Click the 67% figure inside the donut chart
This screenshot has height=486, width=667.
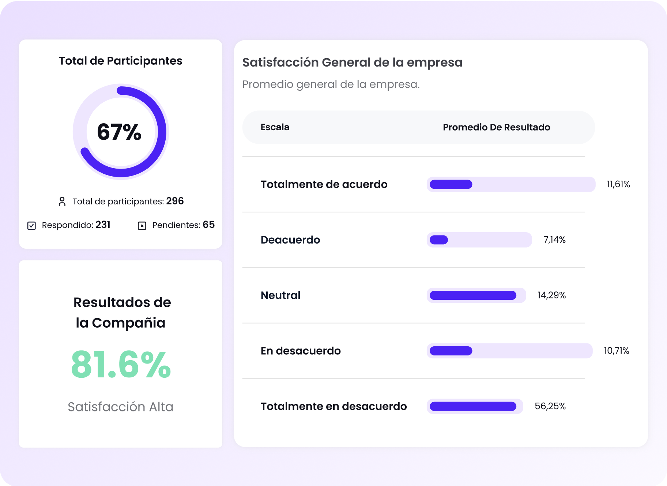(119, 132)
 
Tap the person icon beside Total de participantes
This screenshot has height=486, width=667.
(62, 201)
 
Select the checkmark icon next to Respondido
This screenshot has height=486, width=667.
(32, 226)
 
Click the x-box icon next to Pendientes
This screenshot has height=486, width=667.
(142, 226)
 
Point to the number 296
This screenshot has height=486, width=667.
(175, 201)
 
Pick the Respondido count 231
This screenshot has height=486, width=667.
(103, 225)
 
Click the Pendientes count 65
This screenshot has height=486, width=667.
(209, 225)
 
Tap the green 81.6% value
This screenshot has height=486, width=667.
(121, 365)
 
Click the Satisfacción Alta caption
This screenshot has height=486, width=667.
(121, 407)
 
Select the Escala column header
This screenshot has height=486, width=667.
(275, 127)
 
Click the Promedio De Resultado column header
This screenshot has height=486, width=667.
(496, 127)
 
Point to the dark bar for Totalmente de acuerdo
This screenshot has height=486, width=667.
(451, 184)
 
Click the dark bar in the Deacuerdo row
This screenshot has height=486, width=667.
(439, 240)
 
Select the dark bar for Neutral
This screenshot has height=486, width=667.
(473, 295)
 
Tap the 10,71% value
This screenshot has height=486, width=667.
(617, 351)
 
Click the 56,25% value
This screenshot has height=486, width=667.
(550, 406)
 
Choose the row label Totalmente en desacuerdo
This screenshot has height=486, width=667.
(333, 406)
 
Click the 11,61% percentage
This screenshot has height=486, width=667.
(618, 184)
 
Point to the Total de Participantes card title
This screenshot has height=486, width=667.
(121, 61)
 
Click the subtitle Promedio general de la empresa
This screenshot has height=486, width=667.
(331, 84)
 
